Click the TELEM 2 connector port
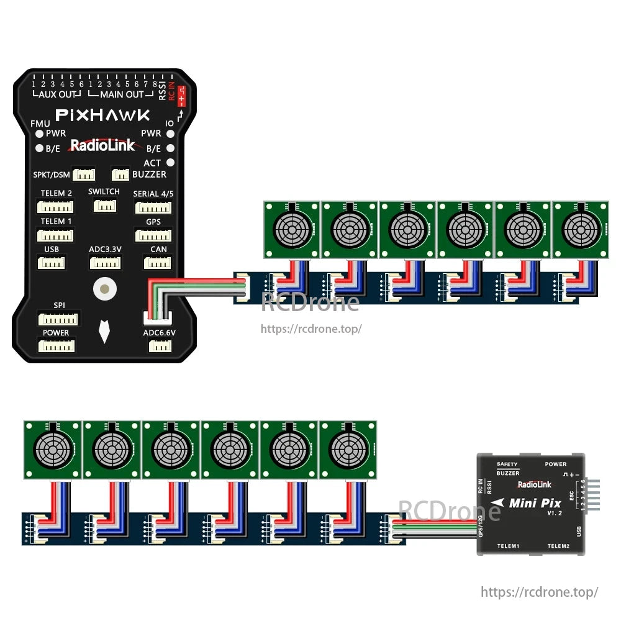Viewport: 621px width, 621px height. (x=55, y=207)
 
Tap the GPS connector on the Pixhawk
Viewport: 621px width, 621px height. (x=153, y=235)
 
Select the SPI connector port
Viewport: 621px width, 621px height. (x=58, y=319)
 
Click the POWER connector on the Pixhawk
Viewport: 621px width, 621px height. (x=57, y=345)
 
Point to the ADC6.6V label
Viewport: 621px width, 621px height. (x=159, y=333)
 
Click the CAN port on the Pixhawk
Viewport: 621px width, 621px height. (x=158, y=263)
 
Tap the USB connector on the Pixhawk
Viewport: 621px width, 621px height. (x=51, y=263)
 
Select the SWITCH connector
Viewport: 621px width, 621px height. (x=104, y=205)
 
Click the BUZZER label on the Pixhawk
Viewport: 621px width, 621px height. (x=149, y=175)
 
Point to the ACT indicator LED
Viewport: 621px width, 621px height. (x=171, y=163)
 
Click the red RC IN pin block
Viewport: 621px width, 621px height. (x=181, y=97)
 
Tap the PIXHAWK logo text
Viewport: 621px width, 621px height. (x=102, y=115)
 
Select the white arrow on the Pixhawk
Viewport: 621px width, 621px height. (x=104, y=332)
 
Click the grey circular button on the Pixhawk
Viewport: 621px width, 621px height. (x=104, y=288)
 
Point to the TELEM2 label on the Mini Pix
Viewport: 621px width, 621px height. (x=558, y=546)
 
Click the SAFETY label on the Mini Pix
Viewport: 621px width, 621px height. (x=507, y=464)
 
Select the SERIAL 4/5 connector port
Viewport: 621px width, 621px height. (x=153, y=207)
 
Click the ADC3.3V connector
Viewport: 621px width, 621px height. (x=105, y=263)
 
